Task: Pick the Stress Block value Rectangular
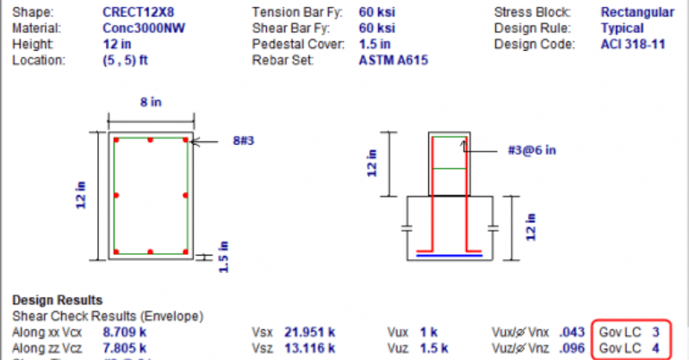tap(639, 13)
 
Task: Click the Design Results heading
tap(58, 300)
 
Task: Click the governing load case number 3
tap(655, 331)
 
